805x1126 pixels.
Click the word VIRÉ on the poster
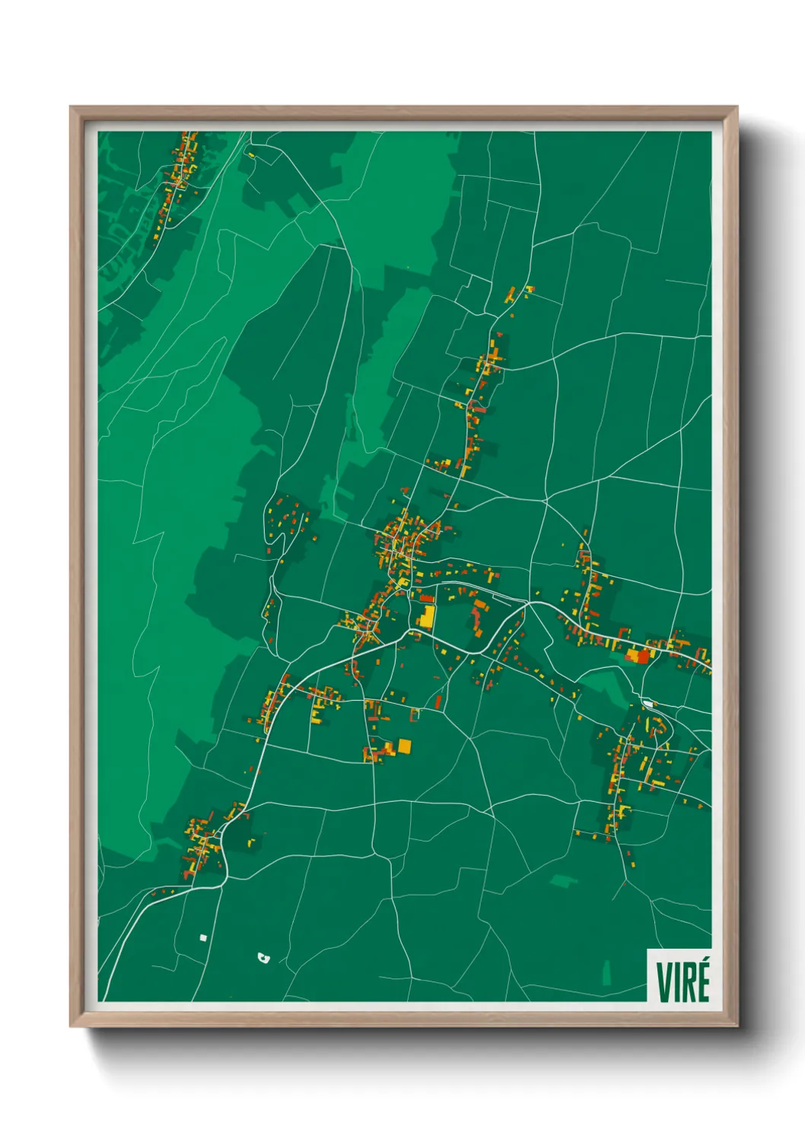[682, 981]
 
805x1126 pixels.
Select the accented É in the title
[703, 981]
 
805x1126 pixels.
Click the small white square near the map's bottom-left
[202, 937]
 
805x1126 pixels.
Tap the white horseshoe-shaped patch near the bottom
[264, 958]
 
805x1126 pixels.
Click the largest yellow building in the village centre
[427, 616]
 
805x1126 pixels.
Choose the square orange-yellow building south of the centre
[404, 746]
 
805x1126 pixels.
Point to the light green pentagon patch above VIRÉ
[564, 880]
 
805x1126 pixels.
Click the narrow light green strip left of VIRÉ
[606, 972]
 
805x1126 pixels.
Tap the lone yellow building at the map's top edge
[250, 155]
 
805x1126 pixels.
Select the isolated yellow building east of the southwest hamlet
[252, 842]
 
